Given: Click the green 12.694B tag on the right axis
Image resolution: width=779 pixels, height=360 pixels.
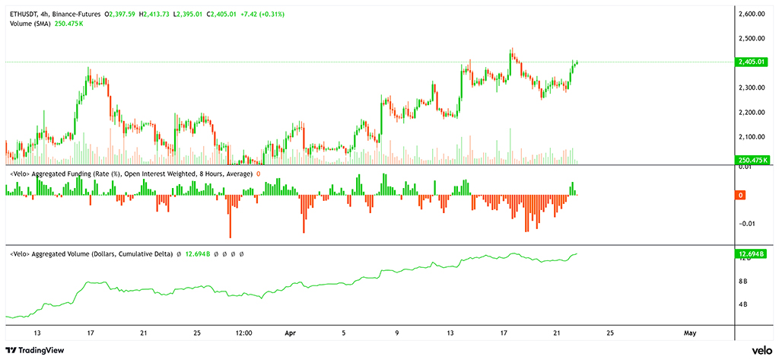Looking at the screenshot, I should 751,253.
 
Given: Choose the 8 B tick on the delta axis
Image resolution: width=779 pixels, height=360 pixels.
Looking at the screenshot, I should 744,282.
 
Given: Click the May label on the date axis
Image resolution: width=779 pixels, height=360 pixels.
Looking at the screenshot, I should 690,333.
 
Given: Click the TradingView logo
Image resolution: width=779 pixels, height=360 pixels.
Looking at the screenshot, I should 36,350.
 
